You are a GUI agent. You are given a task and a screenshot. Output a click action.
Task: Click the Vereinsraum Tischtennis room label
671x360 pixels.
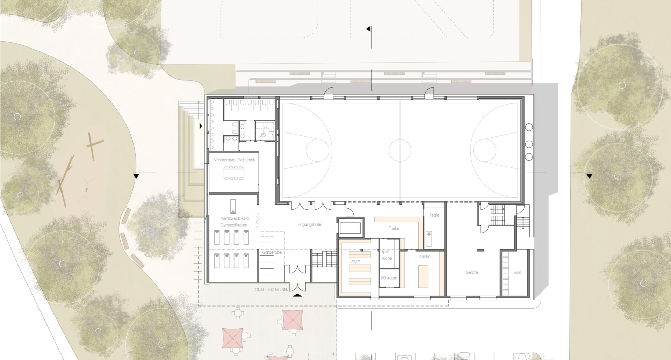(x=235, y=160)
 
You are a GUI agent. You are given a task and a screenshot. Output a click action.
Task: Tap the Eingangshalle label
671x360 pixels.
(x=309, y=225)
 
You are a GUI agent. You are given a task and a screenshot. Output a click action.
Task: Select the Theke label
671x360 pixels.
(x=394, y=228)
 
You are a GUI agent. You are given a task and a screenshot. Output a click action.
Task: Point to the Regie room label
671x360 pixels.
(x=434, y=215)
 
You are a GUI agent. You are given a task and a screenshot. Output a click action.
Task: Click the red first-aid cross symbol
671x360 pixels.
(x=429, y=234)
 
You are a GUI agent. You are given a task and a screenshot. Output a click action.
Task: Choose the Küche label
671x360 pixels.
(x=425, y=257)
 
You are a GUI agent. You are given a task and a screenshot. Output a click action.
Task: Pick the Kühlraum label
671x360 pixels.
(x=389, y=278)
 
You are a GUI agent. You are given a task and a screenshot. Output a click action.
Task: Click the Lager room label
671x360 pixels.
(x=355, y=261)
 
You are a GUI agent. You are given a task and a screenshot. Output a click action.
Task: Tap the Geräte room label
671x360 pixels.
(x=471, y=272)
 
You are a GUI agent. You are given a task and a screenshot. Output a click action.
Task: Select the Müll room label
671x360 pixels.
(x=518, y=272)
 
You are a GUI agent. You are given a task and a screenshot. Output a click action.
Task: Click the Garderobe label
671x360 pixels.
(x=272, y=252)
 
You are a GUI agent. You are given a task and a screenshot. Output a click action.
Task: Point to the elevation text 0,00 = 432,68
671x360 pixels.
(x=271, y=290)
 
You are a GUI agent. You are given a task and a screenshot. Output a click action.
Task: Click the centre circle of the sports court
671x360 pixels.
(x=400, y=150)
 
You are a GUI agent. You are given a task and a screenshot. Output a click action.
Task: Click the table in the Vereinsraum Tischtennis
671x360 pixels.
(x=234, y=173)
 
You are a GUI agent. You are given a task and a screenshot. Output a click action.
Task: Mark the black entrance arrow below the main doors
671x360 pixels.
(x=297, y=295)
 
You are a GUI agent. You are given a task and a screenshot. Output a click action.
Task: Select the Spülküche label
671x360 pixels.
(x=387, y=255)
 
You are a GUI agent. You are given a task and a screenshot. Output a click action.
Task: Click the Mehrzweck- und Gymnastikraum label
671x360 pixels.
(x=234, y=222)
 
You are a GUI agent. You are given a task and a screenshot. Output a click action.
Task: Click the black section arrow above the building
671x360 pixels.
(x=368, y=29)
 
